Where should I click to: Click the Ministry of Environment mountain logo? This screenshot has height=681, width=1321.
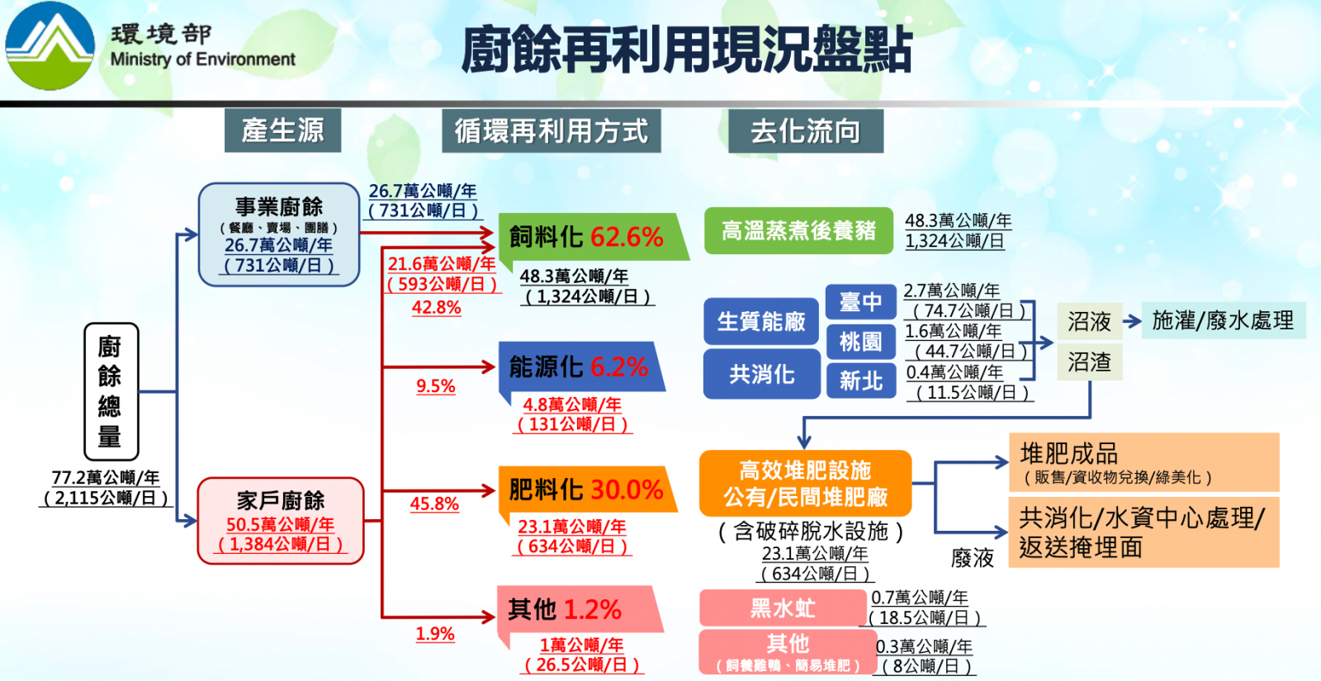50,46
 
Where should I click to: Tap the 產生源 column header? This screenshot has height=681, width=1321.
282,130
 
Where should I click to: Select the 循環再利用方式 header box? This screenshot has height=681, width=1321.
551,131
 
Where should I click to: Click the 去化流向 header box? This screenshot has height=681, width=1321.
806,131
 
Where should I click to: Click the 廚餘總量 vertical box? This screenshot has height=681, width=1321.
111,391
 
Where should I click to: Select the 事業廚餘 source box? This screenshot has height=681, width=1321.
279,234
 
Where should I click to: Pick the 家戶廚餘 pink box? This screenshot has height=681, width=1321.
281,521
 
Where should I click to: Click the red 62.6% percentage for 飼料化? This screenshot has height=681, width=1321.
627,237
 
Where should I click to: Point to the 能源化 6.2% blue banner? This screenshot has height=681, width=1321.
581,367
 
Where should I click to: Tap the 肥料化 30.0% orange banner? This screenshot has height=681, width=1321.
587,490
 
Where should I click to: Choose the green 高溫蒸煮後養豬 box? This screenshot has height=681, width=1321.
798,230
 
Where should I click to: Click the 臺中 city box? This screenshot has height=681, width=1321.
861,302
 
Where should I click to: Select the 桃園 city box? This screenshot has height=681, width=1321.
861,342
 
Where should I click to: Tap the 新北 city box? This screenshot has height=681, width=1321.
861,381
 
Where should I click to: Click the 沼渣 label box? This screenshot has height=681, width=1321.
1089,362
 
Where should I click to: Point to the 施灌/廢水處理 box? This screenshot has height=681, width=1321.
1223,321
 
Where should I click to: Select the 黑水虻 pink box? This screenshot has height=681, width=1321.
783,608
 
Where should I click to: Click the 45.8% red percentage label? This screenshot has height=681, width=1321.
434,504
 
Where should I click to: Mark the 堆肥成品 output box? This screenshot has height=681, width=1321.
1144,462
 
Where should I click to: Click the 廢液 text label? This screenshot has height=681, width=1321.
973,558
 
